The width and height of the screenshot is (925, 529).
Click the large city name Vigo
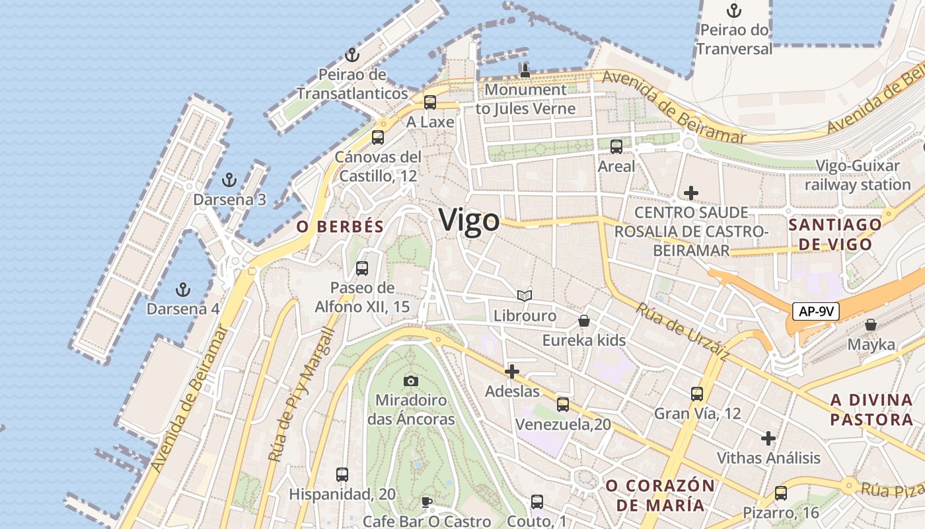pos(469,220)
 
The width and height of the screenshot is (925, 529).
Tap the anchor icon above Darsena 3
pos(229,179)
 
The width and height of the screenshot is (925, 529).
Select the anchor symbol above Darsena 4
pos(182,289)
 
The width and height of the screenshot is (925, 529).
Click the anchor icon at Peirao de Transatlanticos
pos(351,55)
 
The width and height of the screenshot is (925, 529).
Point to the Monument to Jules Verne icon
pos(525,70)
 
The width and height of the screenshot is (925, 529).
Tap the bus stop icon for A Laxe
pos(430,102)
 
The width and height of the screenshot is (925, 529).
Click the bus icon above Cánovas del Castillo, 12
pos(377,138)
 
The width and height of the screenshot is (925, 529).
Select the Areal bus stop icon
pos(616,147)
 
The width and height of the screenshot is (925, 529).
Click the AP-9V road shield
pos(816,311)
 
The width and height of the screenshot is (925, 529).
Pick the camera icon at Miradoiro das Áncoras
pos(411,381)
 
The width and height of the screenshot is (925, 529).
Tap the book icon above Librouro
pos(525,296)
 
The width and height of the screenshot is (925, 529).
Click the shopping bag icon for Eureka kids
pos(584,321)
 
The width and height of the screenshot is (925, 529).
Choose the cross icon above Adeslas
pos(512,372)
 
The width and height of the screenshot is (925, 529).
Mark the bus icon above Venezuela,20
pos(562,404)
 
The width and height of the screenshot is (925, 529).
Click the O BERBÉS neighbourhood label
pos(340,227)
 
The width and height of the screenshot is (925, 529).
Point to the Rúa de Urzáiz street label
pos(682,331)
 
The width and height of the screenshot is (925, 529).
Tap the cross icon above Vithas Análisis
pos(768,438)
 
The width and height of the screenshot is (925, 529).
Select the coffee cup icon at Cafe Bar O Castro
pos(427,502)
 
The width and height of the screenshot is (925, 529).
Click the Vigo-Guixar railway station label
pos(858,175)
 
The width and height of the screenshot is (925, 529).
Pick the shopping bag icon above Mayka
pos(871,325)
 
